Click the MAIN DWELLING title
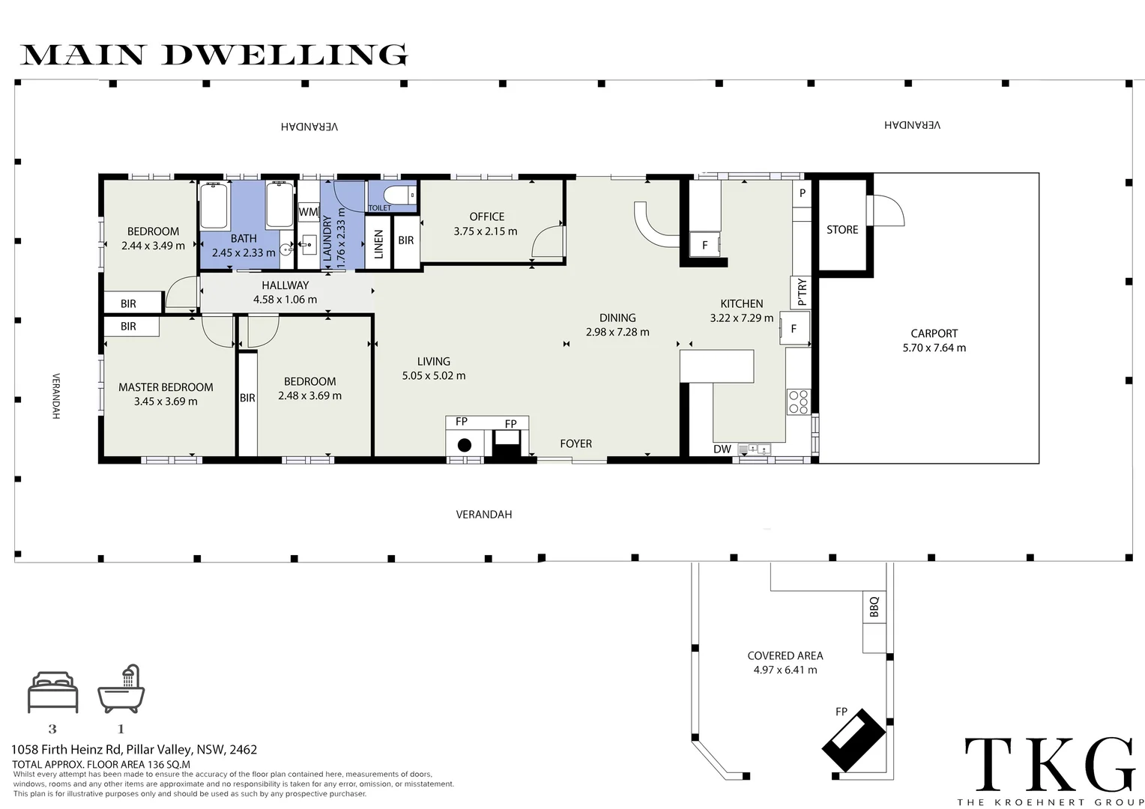(x=214, y=55)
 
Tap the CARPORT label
(x=934, y=334)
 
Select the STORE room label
(x=842, y=230)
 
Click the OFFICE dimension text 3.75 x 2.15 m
(x=486, y=231)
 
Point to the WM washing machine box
(x=308, y=211)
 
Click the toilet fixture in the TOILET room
(x=400, y=196)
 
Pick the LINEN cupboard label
(x=378, y=244)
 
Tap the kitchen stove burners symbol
(x=798, y=402)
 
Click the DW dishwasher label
(x=722, y=449)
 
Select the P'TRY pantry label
(x=802, y=292)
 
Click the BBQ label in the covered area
(x=874, y=607)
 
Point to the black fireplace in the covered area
(x=853, y=739)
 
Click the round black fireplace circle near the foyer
(x=464, y=445)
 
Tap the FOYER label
(x=576, y=444)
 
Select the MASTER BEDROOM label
(x=166, y=387)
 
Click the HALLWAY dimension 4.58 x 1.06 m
(x=286, y=300)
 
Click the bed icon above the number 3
(x=53, y=692)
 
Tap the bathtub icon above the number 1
(x=121, y=689)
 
